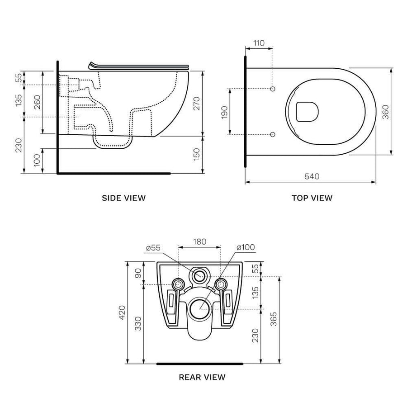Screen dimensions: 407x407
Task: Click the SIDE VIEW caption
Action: (123, 198)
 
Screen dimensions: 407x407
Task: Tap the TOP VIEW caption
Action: (312, 198)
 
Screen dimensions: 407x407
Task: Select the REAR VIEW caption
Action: (202, 377)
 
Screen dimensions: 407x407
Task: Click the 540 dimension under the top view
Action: (312, 176)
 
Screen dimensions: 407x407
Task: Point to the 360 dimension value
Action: (386, 112)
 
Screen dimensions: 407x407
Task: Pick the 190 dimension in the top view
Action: (224, 112)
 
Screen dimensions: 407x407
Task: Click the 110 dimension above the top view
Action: (259, 43)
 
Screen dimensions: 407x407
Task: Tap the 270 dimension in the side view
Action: (197, 103)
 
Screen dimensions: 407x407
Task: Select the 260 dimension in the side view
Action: (38, 102)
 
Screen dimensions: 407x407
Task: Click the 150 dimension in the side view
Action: (197, 154)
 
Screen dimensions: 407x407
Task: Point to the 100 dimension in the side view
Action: (38, 160)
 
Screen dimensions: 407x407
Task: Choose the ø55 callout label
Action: (153, 248)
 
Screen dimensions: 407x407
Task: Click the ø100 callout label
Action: (246, 247)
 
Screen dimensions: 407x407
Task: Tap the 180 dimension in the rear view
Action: (199, 241)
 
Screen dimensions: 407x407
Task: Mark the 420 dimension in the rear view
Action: (122, 312)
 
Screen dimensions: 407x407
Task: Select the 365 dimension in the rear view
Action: (274, 319)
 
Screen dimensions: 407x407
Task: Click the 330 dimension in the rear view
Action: (139, 323)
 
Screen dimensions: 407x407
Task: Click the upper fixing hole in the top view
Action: (273, 89)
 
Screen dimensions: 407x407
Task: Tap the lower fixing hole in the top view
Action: (273, 134)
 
